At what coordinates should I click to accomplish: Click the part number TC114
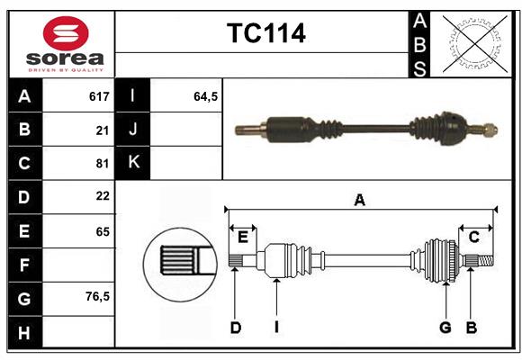coord(265,33)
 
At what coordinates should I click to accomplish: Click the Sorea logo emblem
coord(66,35)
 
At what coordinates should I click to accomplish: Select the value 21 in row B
coord(102,130)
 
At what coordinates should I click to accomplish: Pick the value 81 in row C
coord(102,163)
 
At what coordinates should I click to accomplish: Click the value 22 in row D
coord(102,196)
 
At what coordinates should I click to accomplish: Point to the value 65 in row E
coord(102,230)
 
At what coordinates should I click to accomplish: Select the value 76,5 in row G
coord(97,296)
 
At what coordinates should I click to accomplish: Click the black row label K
coord(133,163)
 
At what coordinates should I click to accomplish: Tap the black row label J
coord(133,130)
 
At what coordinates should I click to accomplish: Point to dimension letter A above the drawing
coord(360,201)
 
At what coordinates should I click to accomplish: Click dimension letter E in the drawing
coord(243,237)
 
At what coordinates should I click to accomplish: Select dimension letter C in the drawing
coord(473,237)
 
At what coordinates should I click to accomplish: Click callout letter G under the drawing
coord(445,328)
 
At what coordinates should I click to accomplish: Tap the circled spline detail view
coord(179,262)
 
